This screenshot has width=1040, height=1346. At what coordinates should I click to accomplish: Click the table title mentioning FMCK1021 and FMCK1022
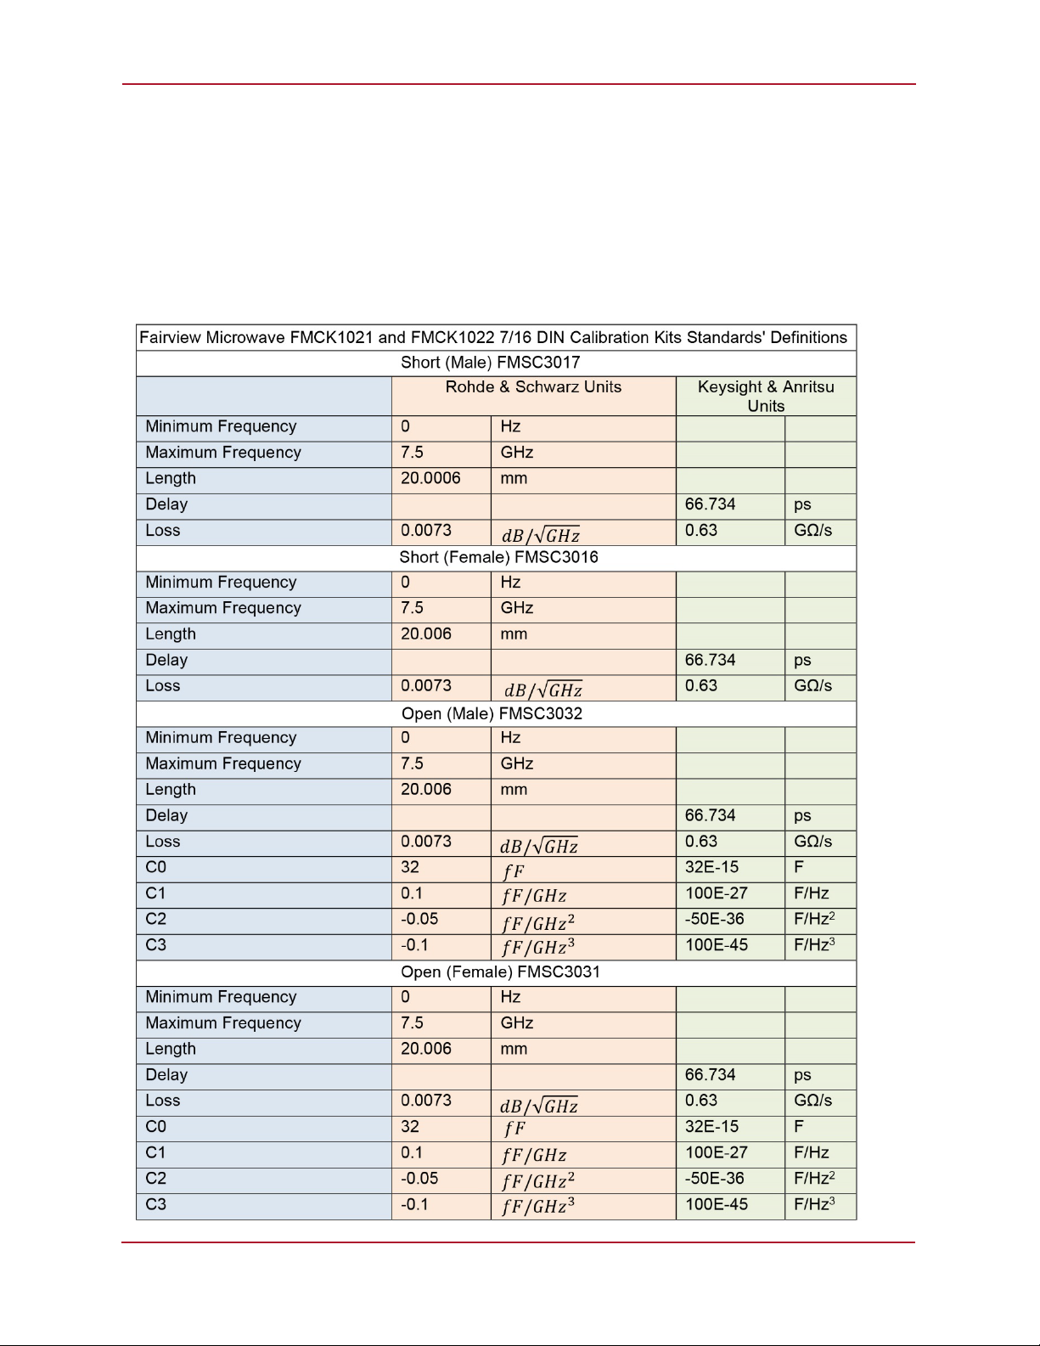[493, 338]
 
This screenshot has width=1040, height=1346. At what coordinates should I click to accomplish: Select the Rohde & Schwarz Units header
[533, 387]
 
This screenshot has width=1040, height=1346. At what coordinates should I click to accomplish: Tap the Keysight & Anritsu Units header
[766, 396]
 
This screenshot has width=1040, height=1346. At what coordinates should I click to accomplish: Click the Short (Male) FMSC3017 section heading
[491, 363]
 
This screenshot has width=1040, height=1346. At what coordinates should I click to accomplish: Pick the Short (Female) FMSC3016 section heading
[498, 558]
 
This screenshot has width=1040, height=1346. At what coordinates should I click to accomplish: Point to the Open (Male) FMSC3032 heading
[492, 713]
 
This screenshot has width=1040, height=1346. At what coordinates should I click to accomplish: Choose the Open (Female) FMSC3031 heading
[500, 972]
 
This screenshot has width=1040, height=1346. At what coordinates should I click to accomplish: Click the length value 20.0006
[430, 479]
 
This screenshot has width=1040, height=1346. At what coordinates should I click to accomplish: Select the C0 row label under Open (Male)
[156, 868]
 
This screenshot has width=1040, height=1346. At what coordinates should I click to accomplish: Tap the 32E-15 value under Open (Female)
[711, 1127]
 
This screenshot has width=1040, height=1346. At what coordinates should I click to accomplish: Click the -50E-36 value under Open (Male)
[714, 920]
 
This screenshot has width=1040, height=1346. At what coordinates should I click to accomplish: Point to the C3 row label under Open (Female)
[156, 1205]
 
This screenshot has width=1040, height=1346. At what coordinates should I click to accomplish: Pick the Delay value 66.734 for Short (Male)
[710, 504]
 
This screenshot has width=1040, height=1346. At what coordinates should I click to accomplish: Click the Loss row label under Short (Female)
[163, 686]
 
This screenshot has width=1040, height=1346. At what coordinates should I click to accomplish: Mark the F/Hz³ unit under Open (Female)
[814, 1204]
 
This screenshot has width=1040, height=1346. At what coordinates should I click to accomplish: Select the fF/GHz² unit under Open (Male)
[538, 922]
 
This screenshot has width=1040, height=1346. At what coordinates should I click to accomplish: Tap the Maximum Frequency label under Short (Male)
[223, 453]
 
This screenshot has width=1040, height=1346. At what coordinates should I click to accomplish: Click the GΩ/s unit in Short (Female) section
[812, 686]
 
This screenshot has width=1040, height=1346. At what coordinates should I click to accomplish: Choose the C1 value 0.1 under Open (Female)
[412, 1153]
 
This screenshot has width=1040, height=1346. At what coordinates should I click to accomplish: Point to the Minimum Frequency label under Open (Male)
[221, 738]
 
